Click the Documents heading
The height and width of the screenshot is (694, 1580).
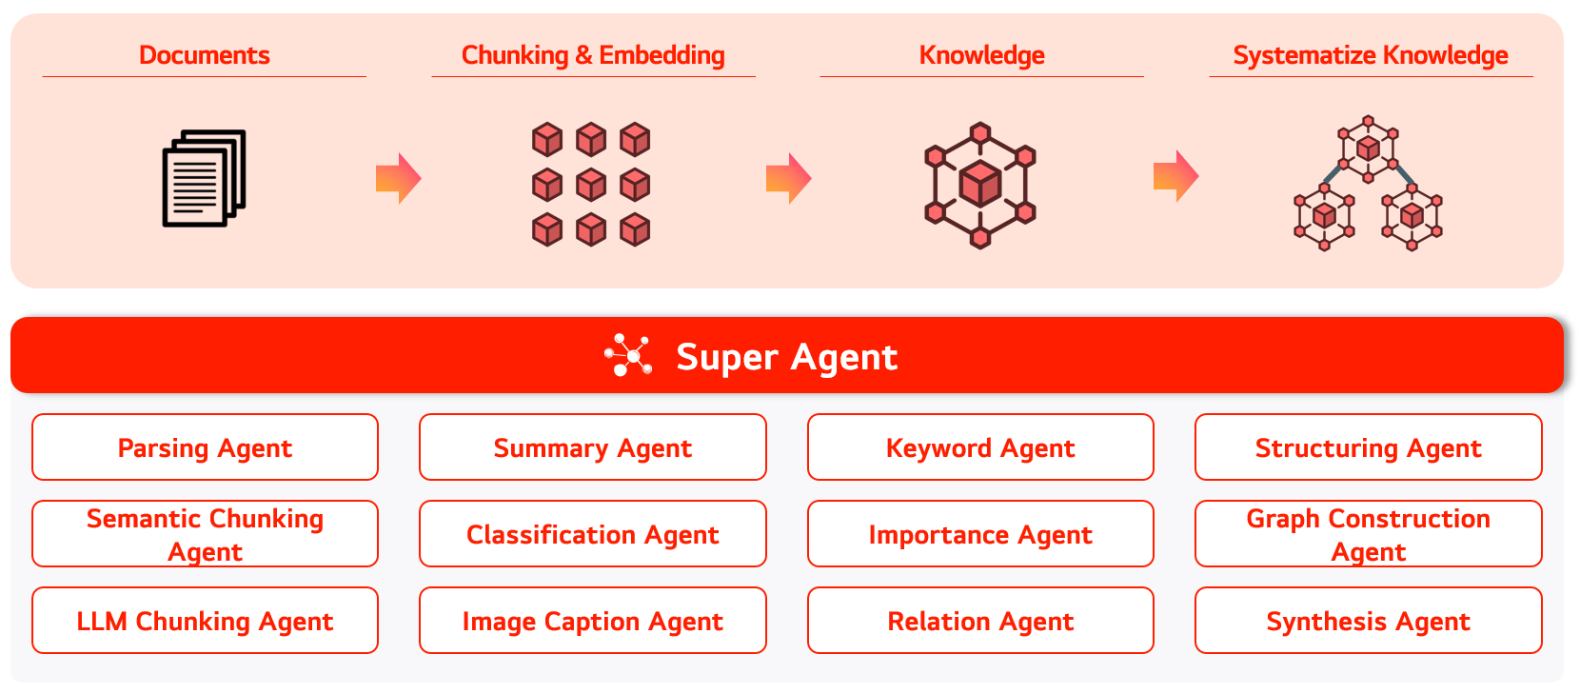[x=205, y=55]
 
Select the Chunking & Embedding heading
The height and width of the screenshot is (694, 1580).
[x=593, y=55]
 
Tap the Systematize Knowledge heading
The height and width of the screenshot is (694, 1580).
[x=1371, y=55]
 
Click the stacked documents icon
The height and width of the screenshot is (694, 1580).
[x=205, y=178]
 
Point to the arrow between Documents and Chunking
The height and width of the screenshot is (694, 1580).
[x=398, y=178]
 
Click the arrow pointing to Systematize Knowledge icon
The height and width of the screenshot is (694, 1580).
[x=1175, y=176]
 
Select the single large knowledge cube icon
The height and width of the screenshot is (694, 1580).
[x=980, y=185]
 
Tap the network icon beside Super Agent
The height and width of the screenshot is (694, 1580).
[x=628, y=356]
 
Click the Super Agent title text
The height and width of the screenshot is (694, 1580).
[x=786, y=357]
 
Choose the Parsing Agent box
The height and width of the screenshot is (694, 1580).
[x=205, y=447]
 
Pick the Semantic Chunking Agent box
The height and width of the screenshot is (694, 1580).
[x=205, y=534]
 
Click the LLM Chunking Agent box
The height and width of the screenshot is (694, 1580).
[x=205, y=621]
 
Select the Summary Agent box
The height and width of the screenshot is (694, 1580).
[x=593, y=447]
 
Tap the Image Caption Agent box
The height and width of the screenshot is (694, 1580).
[x=593, y=621]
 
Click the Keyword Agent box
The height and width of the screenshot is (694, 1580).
[x=980, y=447]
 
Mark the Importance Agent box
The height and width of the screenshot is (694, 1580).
[x=980, y=534]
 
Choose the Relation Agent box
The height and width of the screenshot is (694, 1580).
[x=980, y=621]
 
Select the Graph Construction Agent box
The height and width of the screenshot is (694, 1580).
[x=1369, y=534]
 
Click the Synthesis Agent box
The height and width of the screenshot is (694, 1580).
[x=1369, y=621]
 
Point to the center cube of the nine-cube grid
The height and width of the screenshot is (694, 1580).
[x=591, y=185]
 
